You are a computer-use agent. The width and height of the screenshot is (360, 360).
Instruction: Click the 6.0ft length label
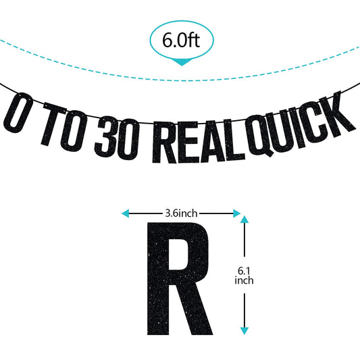coord(181,40)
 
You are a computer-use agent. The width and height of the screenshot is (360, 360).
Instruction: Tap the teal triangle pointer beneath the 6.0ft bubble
coord(182,61)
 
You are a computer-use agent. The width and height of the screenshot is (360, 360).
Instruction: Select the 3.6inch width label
coord(181,213)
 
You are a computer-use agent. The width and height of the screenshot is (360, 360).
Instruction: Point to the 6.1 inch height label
coord(244,276)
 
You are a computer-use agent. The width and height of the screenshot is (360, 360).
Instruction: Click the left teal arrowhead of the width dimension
coord(125,213)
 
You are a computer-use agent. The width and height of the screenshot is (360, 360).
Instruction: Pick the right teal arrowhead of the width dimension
coord(236,213)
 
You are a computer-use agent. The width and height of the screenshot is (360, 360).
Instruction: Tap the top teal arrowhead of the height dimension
coord(245,220)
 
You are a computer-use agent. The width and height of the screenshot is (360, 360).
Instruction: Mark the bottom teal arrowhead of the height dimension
coord(245,330)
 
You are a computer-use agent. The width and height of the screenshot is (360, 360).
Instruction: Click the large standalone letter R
coord(180,278)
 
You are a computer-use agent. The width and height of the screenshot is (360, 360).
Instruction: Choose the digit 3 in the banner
coord(106,138)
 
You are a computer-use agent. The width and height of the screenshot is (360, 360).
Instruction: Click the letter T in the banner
coord(51,124)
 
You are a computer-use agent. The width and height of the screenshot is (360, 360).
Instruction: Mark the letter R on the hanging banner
coord(164,142)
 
